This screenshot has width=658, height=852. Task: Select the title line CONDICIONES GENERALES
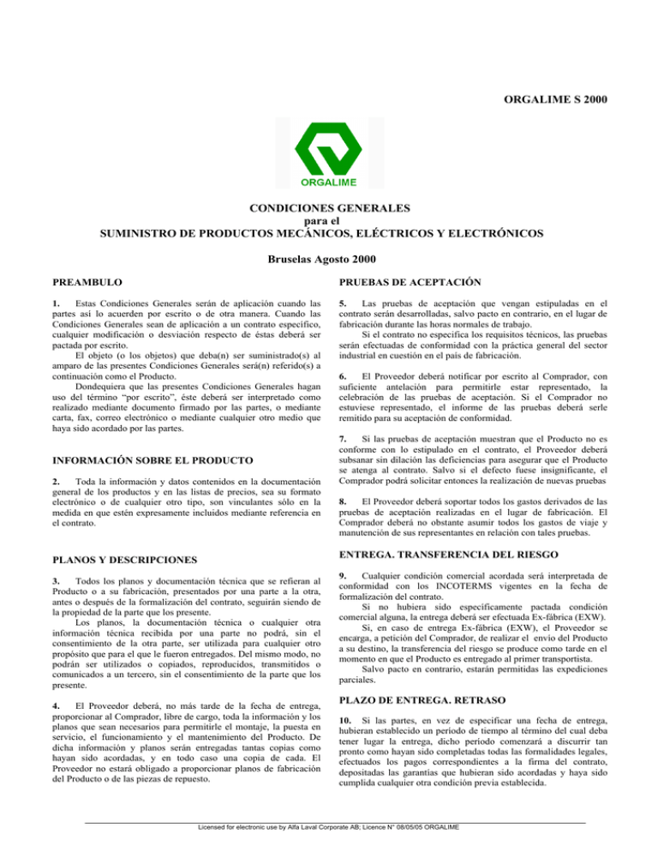[329, 207]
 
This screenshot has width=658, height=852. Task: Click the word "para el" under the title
[329, 220]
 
